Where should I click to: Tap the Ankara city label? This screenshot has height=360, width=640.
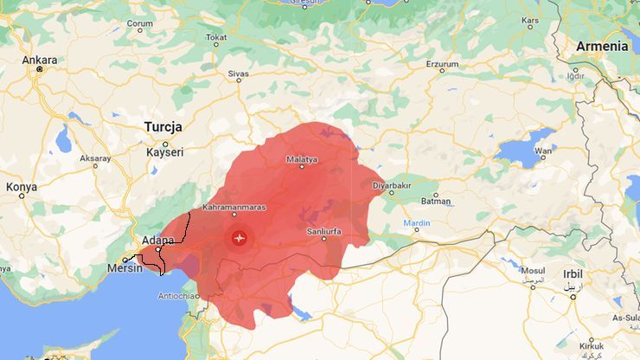39,61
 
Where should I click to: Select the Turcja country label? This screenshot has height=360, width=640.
163,126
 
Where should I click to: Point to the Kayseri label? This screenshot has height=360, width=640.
164,151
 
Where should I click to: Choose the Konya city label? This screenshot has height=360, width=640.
22,186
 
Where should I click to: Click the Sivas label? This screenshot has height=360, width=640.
238,75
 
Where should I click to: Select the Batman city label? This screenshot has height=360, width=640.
435,202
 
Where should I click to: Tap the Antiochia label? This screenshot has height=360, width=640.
176,295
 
